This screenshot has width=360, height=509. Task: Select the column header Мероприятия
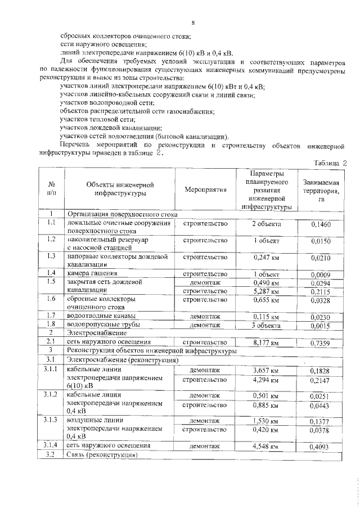(x=205, y=190)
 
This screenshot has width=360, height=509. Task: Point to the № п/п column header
(x=51, y=189)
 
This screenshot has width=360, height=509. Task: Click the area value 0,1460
(x=321, y=225)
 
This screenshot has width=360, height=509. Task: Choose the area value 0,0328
(x=321, y=301)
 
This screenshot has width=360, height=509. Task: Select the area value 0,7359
(x=321, y=343)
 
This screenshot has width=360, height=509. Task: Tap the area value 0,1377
(x=321, y=422)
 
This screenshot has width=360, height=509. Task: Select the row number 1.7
(x=51, y=316)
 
